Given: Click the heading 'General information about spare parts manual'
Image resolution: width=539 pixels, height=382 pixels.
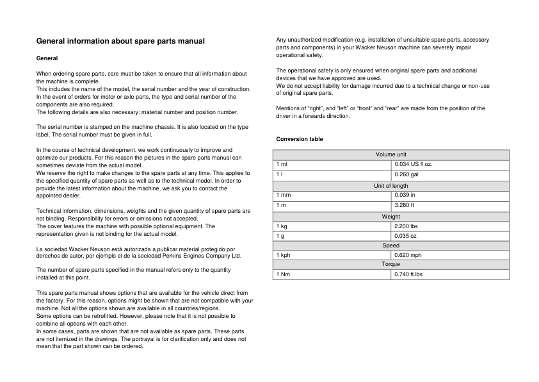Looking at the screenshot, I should pyautogui.click(x=120, y=41).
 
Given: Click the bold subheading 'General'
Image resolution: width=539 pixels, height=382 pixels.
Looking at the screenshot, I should pyautogui.click(x=47, y=58).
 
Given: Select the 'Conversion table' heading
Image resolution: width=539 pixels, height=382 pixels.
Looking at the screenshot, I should pyautogui.click(x=300, y=139).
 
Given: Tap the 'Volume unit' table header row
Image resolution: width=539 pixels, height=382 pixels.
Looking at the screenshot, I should pyautogui.click(x=390, y=154).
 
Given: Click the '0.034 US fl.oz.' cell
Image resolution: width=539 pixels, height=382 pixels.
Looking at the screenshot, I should pyautogui.click(x=413, y=164).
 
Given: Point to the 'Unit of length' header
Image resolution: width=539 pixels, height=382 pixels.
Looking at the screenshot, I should pyautogui.click(x=390, y=186).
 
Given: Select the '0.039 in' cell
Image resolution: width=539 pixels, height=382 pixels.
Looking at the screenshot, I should pyautogui.click(x=405, y=195).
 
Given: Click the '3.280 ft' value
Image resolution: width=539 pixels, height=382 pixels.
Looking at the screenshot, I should pyautogui.click(x=404, y=205).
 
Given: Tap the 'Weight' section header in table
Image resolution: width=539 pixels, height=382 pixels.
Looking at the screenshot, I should pyautogui.click(x=390, y=217).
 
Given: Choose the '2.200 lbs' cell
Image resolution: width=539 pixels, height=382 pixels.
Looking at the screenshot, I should pyautogui.click(x=406, y=226).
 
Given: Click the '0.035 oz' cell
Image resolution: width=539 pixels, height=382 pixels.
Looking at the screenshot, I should pyautogui.click(x=405, y=236).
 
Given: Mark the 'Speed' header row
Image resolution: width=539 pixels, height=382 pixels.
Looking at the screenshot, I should pyautogui.click(x=390, y=245).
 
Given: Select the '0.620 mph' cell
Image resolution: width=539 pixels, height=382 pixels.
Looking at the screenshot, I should pyautogui.click(x=408, y=255).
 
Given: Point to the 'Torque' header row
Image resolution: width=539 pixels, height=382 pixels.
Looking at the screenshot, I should pyautogui.click(x=390, y=264).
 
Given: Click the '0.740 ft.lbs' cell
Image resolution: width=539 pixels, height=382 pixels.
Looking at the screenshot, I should pyautogui.click(x=408, y=274).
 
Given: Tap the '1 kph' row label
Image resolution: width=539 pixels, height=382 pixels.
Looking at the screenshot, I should pyautogui.click(x=283, y=255).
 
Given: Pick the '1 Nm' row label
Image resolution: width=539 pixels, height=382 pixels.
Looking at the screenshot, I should pyautogui.click(x=283, y=274).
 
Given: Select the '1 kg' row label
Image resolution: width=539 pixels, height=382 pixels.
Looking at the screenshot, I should pyautogui.click(x=282, y=226).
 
